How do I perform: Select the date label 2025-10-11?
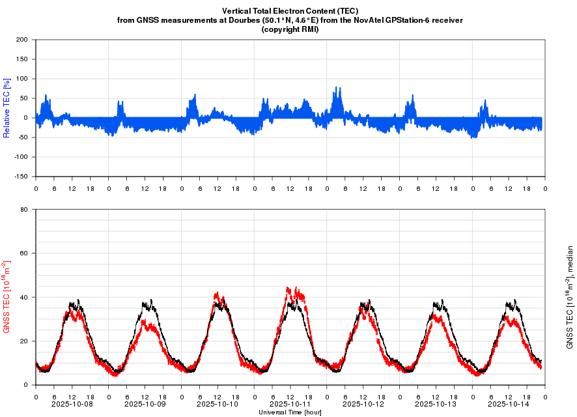[x=289, y=404]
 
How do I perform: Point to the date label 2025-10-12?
[x=362, y=404]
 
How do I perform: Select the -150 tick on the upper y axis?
[x=20, y=177]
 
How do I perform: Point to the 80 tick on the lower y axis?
[x=23, y=210]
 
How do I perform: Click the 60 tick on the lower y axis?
[x=23, y=253]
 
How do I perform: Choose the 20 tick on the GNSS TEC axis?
[x=23, y=341]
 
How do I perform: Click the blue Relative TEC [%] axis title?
[x=7, y=108]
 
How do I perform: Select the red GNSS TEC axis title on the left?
[x=7, y=297]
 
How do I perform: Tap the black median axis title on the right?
[x=570, y=297]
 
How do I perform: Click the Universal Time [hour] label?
[x=290, y=412]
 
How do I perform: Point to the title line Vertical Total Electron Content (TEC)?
[x=290, y=11]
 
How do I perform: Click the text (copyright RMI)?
[x=290, y=29]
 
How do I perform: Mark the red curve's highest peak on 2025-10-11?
[x=287, y=287]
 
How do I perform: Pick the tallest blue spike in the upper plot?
[x=336, y=87]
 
